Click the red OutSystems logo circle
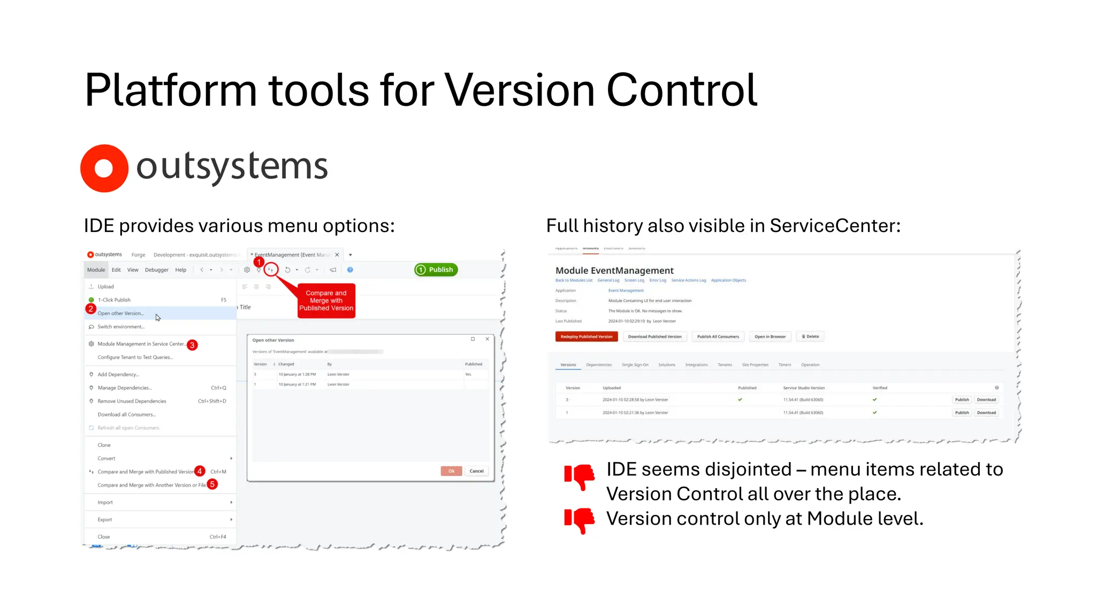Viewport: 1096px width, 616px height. click(x=104, y=168)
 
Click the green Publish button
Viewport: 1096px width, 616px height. click(x=436, y=269)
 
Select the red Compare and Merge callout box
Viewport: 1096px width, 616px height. click(x=326, y=301)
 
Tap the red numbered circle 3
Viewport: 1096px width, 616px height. click(x=192, y=345)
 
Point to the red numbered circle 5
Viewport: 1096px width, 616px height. click(x=212, y=484)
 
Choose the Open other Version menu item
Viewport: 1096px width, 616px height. click(x=120, y=313)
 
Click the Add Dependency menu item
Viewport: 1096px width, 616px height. click(x=118, y=374)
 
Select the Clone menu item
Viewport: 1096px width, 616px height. click(x=104, y=445)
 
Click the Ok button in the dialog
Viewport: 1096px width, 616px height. click(x=451, y=471)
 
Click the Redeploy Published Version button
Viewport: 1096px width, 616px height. click(x=587, y=336)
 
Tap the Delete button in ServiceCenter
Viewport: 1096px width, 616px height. click(x=810, y=336)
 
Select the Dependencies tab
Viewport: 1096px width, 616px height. click(x=598, y=365)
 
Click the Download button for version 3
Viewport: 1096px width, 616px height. click(x=986, y=399)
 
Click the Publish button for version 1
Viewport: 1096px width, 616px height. click(x=962, y=412)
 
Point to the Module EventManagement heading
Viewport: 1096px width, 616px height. click(x=614, y=271)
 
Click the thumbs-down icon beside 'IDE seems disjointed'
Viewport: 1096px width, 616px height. click(x=579, y=476)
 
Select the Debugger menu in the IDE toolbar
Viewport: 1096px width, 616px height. click(x=156, y=270)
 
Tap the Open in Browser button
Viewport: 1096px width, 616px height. click(x=770, y=336)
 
